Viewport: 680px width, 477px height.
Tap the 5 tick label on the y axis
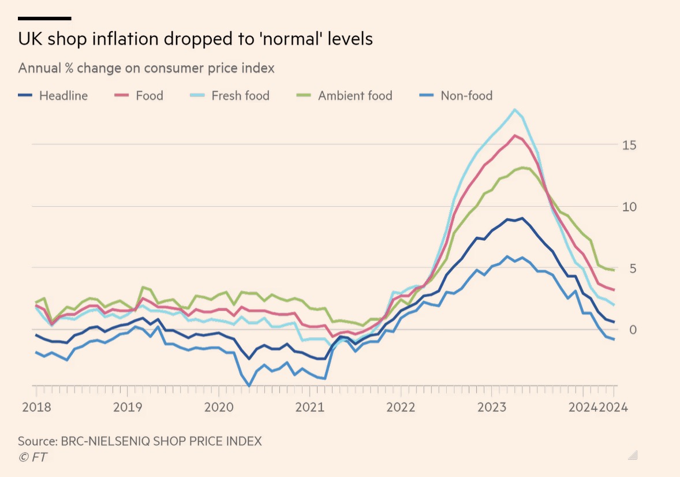tap(633, 268)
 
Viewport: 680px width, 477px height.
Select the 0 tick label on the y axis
tap(633, 330)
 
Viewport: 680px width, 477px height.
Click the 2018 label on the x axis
tap(36, 407)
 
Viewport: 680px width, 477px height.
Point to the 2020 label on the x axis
tap(219, 407)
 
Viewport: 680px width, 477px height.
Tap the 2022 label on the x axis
tap(401, 407)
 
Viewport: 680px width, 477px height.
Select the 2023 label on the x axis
tap(492, 407)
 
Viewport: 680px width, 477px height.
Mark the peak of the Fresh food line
tap(514, 109)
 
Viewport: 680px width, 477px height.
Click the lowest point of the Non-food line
tap(249, 386)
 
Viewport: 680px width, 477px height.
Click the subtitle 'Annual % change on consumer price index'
tap(146, 68)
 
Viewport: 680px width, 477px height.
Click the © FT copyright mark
tap(32, 457)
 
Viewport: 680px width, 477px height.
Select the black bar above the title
tap(44, 18)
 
